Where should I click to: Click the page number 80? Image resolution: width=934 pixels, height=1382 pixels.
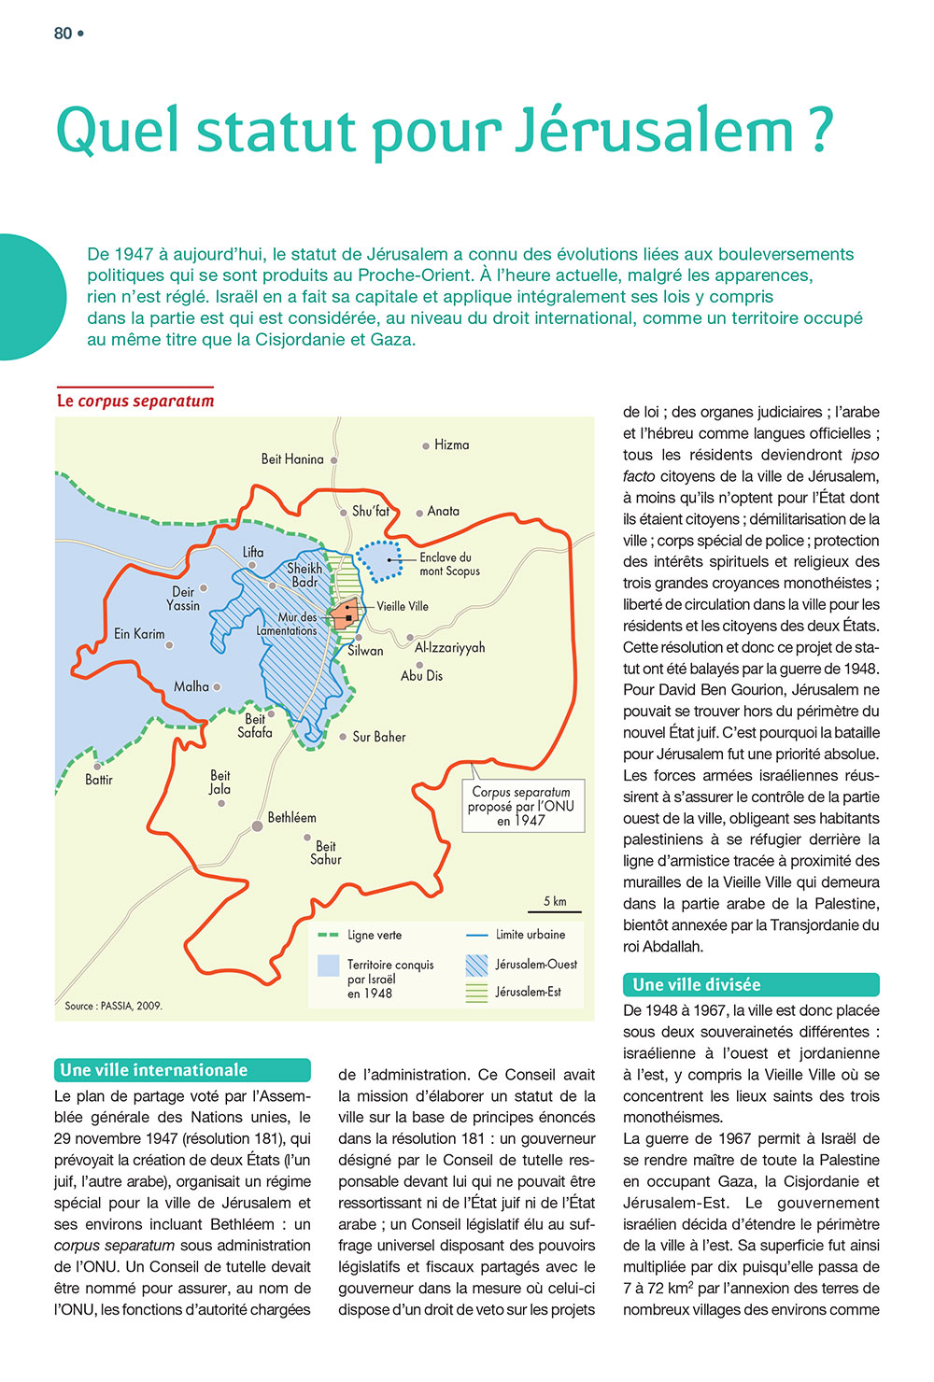pos(64,34)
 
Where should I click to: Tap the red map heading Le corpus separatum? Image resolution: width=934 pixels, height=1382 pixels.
pos(135,401)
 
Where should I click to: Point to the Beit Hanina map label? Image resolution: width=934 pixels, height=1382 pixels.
pos(292,459)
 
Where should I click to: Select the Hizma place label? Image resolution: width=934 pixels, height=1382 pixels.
pos(451,445)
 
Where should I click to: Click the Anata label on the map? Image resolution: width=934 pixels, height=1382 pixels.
pos(443,512)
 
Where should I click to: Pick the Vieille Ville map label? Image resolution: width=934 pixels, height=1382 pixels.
pos(403,606)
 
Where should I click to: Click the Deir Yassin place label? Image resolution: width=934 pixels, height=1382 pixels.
pos(183,599)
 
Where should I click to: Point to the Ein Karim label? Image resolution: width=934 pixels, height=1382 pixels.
pos(139,634)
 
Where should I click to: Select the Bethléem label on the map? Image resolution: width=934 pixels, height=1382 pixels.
pos(291,818)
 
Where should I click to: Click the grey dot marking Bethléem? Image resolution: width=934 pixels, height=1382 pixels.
pos(257,826)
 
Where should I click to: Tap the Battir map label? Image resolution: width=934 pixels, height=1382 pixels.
pos(98,780)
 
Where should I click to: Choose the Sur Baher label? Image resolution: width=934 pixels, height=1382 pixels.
pos(378,737)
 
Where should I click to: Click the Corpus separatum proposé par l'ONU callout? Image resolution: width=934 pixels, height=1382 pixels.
pos(521,806)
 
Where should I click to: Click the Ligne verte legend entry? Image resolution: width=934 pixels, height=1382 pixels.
pos(374,935)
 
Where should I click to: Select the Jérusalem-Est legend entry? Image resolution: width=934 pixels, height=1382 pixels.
pos(528,992)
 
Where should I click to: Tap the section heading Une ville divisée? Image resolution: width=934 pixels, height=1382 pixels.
pos(696,984)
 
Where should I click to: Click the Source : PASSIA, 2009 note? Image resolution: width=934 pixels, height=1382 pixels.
pos(113,1006)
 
